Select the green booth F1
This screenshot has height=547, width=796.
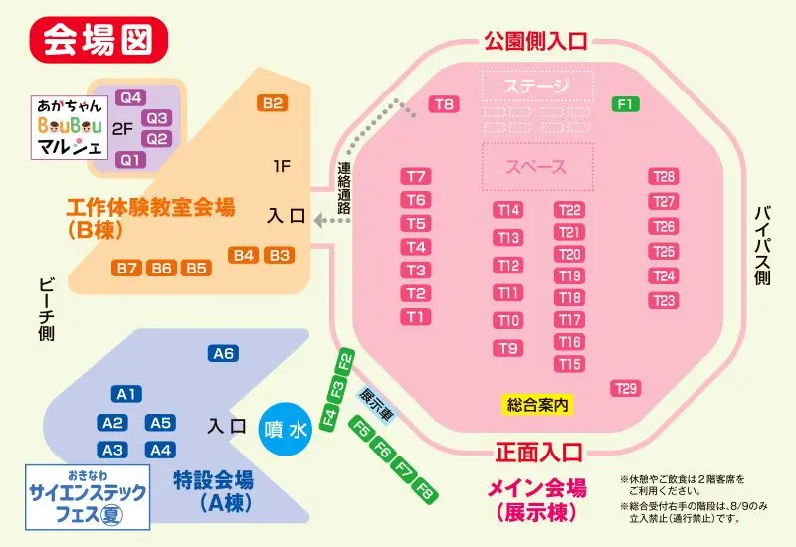pyautogui.click(x=625, y=104)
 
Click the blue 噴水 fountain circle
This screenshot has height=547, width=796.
pyautogui.click(x=286, y=429)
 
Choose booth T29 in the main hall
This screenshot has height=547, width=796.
pyautogui.click(x=626, y=388)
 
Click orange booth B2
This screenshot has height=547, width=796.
pyautogui.click(x=273, y=103)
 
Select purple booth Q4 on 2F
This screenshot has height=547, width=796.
pyautogui.click(x=131, y=97)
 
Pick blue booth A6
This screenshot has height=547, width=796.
pyautogui.click(x=223, y=354)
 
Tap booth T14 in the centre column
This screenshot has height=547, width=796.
pyautogui.click(x=508, y=210)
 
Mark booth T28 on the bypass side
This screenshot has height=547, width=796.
pyautogui.click(x=664, y=177)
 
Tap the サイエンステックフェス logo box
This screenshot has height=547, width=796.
pyautogui.click(x=89, y=495)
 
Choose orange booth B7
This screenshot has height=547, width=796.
pyautogui.click(x=126, y=268)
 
